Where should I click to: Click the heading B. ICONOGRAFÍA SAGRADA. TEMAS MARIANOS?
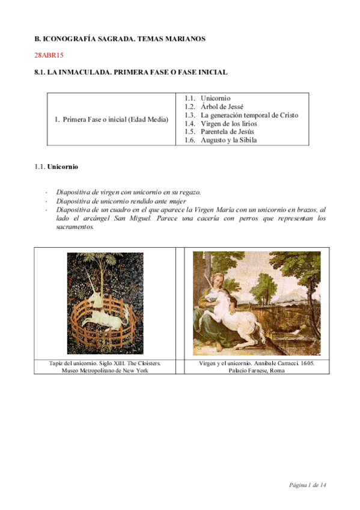pos(120,38)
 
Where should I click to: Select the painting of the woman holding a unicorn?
pos(257,304)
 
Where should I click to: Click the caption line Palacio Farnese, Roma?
pos(257,371)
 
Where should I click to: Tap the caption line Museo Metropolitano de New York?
pos(105,371)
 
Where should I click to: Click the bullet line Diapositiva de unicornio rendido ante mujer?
pos(121,201)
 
